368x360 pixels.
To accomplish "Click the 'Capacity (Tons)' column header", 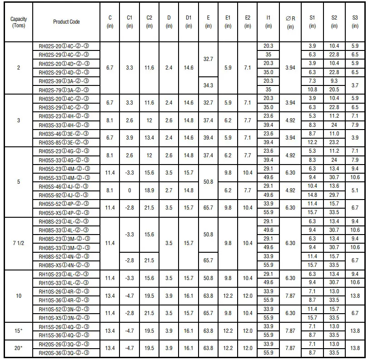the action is [18, 22].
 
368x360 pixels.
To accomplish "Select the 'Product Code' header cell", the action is [66, 22].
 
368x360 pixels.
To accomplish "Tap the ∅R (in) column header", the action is [290, 22].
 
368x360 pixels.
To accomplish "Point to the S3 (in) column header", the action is [355, 22].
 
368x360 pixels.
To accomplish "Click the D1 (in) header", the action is [189, 22].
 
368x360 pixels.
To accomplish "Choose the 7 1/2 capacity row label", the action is [18, 243].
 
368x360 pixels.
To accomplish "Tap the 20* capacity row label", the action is [18, 348].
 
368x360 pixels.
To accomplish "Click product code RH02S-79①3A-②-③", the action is [67, 90].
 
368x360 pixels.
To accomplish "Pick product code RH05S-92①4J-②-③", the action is [67, 195].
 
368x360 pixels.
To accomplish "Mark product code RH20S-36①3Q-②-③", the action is [67, 353].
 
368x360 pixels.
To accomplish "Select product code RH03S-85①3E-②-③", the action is [67, 142].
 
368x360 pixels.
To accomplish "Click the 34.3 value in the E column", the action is [208, 85].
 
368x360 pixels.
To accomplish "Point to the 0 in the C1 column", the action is [129, 190].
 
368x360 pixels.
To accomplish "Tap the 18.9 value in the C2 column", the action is [149, 190].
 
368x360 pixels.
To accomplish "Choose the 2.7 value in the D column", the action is [169, 190].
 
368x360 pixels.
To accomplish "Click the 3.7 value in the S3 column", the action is [355, 85].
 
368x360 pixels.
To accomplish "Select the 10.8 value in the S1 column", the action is [312, 90].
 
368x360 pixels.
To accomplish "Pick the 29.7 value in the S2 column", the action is [334, 195].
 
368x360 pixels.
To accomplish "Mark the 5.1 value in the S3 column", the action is [355, 190].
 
